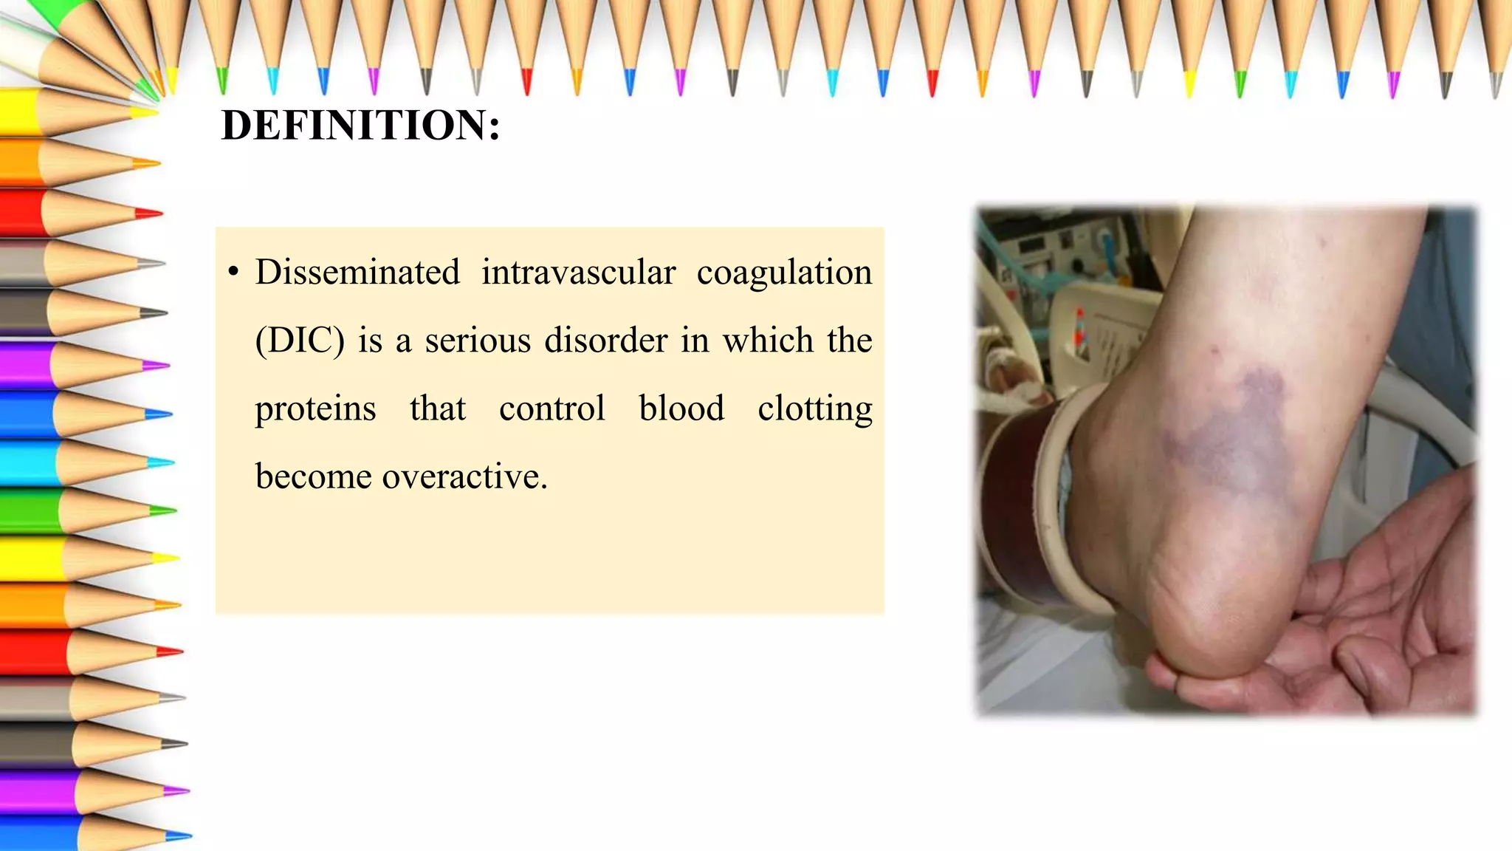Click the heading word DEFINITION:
pos(360,125)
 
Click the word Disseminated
pos(357,272)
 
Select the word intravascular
pos(578,272)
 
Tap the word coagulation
pos(784,273)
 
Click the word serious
pos(478,341)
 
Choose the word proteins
pos(315,409)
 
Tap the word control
pos(551,409)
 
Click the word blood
pos(681,409)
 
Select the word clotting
pos(815,409)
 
